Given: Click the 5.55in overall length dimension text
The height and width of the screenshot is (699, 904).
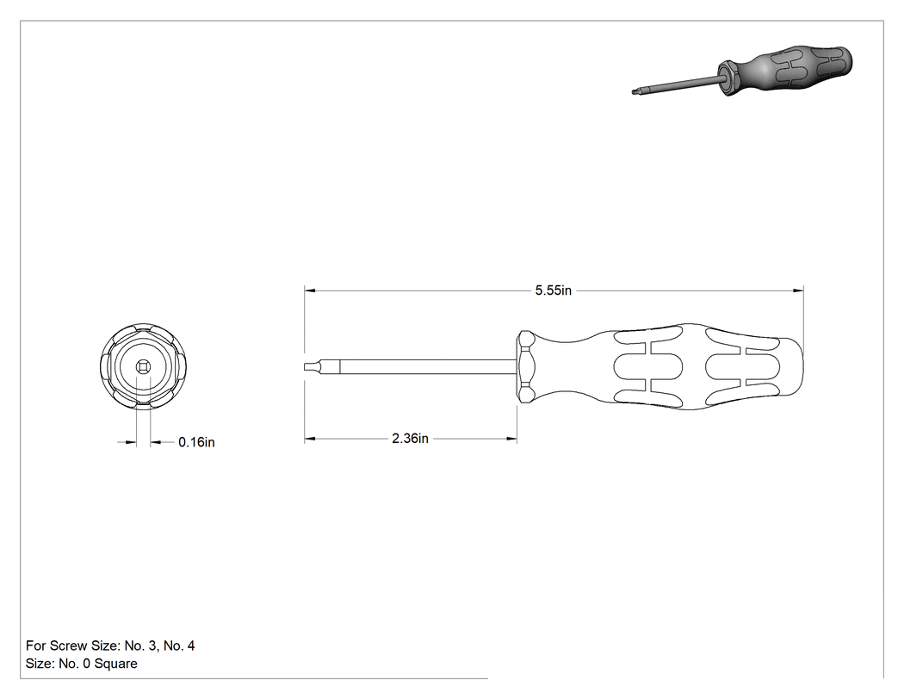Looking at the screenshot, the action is [x=553, y=290].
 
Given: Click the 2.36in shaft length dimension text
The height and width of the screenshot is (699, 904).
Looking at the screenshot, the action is [x=410, y=439].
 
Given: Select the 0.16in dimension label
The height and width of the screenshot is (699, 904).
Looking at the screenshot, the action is [x=196, y=442].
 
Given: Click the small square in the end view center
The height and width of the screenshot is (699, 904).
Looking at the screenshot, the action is [x=143, y=366].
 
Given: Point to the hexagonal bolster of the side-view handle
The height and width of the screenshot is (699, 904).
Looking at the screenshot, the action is [x=526, y=366].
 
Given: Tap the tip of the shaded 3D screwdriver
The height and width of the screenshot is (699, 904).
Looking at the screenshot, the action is [x=635, y=90].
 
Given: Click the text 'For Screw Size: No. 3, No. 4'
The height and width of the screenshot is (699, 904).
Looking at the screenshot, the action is [x=110, y=646].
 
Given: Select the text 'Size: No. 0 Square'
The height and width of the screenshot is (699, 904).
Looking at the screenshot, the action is [x=81, y=663].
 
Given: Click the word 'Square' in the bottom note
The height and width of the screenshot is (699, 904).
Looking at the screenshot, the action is [x=116, y=664].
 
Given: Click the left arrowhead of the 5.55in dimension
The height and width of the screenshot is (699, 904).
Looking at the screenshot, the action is [x=310, y=290].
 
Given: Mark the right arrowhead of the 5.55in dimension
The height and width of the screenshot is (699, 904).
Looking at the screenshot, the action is [x=798, y=290].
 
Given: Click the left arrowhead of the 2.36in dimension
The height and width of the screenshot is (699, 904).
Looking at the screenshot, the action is [x=310, y=439].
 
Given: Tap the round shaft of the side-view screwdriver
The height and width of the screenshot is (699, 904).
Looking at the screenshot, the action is [x=429, y=367].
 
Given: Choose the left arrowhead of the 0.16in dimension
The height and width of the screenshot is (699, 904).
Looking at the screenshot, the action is [x=132, y=443].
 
